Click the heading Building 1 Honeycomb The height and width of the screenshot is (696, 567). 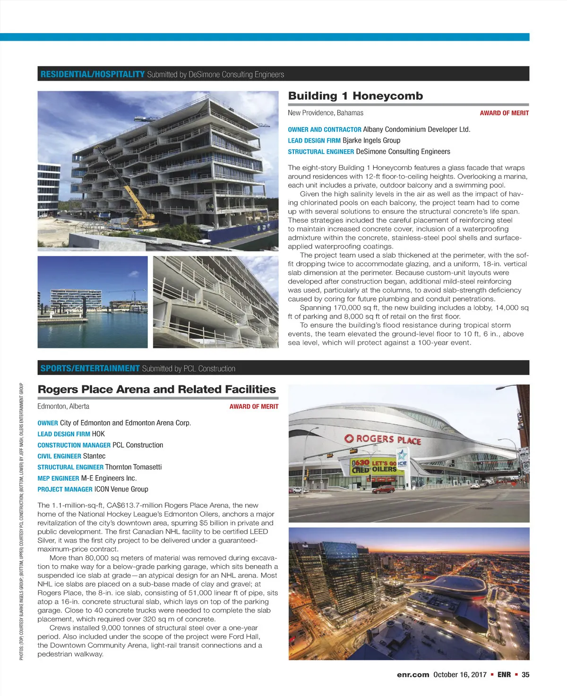point(355,96)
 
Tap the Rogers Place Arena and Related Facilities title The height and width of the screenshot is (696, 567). point(156,390)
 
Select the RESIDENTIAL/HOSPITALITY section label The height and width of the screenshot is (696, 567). point(93,74)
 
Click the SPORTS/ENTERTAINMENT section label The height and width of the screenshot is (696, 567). point(90,368)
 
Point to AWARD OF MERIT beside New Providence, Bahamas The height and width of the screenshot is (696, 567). point(504,113)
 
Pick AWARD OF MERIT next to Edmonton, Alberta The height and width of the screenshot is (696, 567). point(254,407)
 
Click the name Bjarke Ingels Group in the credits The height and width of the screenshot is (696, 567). point(371,140)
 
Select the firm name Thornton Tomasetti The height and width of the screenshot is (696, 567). point(133,467)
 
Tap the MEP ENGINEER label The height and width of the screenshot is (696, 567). point(58,478)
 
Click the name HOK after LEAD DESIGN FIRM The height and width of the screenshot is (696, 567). point(98,434)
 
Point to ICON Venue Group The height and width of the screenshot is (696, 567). point(121,489)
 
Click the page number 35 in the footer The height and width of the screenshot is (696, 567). point(525,675)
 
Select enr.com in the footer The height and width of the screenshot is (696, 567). point(413,675)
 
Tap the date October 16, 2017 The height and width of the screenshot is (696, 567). point(459,675)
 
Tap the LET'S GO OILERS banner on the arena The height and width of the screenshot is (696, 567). point(384,466)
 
